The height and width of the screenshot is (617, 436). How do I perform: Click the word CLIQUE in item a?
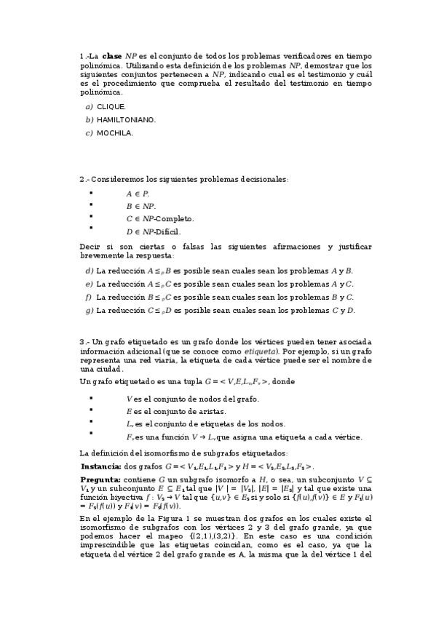(x=111, y=106)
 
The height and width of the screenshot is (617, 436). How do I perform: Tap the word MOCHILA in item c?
(x=114, y=132)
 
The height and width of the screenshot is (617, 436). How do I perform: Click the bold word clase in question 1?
(x=112, y=55)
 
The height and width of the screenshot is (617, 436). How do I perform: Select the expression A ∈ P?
(x=138, y=193)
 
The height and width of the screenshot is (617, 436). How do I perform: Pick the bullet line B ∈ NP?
(x=140, y=206)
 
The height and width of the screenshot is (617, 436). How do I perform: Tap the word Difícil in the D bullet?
(x=167, y=232)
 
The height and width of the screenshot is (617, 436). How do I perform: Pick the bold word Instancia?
(x=100, y=466)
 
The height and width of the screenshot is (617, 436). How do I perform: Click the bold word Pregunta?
(x=100, y=481)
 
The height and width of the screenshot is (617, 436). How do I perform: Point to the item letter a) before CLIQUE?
(x=89, y=106)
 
